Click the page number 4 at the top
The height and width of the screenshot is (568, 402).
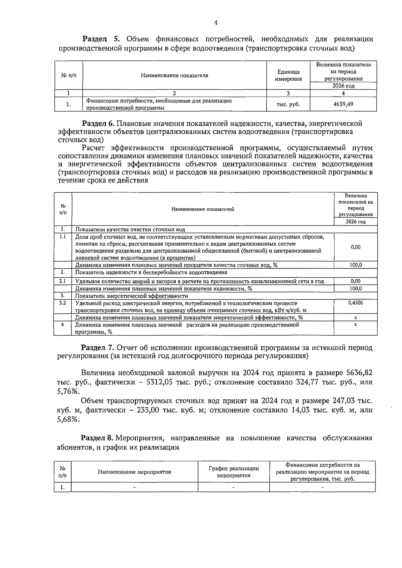point(215,23)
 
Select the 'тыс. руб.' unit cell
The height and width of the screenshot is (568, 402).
point(288,104)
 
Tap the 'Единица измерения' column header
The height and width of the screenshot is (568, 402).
point(288,75)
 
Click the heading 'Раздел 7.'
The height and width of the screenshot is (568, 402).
point(98,348)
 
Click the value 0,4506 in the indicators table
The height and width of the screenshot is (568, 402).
point(355,303)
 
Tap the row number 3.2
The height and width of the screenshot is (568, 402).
point(62,303)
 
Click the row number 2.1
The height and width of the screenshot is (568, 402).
point(62,281)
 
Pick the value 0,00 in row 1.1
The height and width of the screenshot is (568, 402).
point(355,247)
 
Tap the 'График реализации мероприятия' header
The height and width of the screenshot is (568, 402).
point(233,472)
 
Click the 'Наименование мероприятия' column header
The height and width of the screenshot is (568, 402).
point(134,472)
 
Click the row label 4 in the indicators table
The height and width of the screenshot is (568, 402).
point(62,325)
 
